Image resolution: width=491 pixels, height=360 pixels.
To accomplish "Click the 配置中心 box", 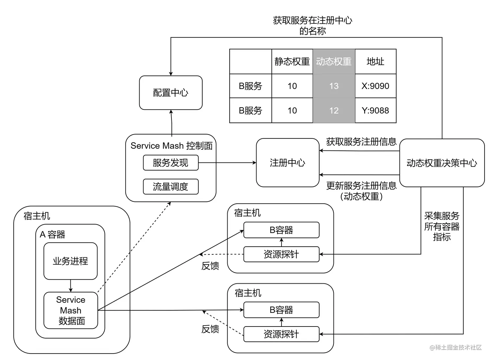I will tap(170, 93).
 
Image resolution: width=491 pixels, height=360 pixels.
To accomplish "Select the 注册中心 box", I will tap(288, 163).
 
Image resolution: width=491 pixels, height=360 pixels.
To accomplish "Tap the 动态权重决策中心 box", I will tap(442, 163).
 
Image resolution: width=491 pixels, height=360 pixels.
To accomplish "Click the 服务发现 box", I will tap(170, 163).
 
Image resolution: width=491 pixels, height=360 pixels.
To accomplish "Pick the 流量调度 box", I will tap(170, 187).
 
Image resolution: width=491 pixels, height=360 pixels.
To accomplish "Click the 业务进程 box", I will tap(70, 261).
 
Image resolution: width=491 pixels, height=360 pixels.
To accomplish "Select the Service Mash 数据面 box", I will tap(71, 310).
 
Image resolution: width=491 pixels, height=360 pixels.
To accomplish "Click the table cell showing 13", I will tap(334, 86).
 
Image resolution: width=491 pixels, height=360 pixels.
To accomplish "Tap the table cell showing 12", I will tap(334, 110).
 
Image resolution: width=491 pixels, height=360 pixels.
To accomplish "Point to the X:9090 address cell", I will tap(375, 86).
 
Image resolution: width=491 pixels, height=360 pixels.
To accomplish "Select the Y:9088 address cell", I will tap(375, 110).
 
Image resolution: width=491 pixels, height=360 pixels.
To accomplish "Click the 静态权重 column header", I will tap(292, 62).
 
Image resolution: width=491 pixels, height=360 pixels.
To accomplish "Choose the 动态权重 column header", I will tap(334, 62).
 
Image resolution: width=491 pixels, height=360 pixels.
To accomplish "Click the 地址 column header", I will tap(375, 62).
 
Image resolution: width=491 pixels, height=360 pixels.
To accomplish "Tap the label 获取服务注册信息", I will tap(361, 142).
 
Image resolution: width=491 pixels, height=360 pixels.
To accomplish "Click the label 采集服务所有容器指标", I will tap(442, 226).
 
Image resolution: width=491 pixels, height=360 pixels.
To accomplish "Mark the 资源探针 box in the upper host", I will tap(281, 254).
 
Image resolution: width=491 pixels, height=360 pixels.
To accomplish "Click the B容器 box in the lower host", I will tap(281, 310).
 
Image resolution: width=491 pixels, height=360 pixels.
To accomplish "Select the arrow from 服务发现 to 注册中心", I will tap(227, 162).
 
